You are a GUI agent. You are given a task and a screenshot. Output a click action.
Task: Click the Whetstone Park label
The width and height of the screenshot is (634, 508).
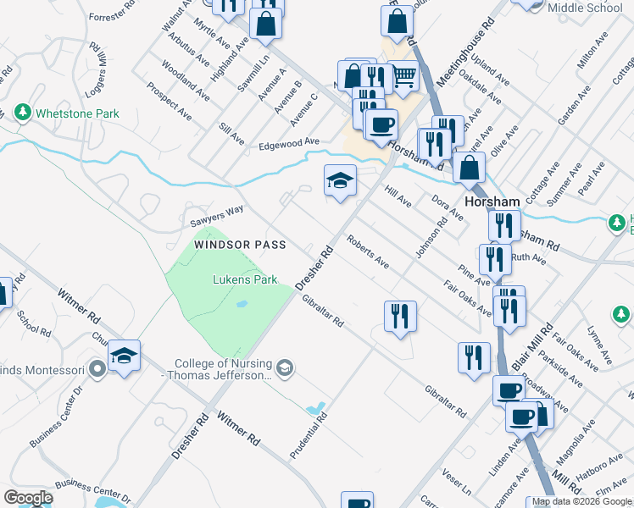(77, 113)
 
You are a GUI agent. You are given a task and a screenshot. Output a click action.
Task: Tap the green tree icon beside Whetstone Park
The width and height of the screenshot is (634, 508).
(22, 113)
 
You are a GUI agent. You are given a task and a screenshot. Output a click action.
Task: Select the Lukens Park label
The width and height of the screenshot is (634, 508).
(245, 279)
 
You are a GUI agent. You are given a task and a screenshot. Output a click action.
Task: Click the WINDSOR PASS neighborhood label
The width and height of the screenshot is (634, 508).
(240, 244)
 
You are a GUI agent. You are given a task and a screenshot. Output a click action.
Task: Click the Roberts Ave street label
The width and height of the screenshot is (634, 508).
(366, 252)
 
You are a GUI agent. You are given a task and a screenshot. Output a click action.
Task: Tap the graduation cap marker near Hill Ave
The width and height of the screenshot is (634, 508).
(340, 180)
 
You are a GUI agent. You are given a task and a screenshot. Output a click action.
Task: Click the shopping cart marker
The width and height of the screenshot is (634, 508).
(403, 75)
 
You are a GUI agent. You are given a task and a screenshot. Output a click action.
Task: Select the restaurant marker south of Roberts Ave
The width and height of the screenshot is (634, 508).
(399, 316)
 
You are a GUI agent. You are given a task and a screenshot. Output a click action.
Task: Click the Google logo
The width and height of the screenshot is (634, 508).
(29, 498)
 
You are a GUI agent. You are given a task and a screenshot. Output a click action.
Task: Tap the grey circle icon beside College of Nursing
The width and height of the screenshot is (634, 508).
(286, 367)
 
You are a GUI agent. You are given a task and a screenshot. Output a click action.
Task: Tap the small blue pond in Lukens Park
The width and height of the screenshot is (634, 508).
(242, 304)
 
